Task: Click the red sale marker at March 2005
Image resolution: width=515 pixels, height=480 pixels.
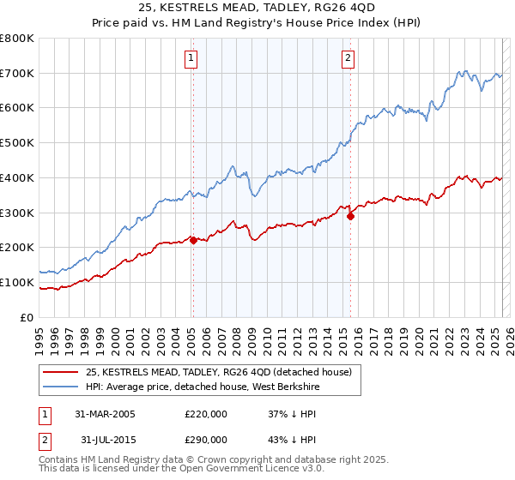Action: [193, 240]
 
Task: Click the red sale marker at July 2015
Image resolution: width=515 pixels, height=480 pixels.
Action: [350, 216]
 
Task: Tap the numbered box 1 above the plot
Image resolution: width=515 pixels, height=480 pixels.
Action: [190, 58]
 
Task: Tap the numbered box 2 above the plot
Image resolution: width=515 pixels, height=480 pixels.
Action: [348, 58]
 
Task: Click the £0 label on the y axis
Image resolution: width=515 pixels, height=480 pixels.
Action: [27, 317]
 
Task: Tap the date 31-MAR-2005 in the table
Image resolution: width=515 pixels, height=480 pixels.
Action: [100, 414]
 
